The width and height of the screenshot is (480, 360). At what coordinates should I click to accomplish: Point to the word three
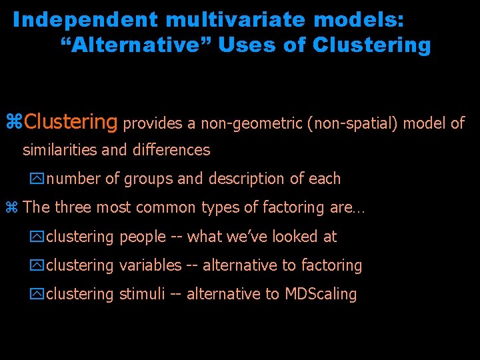(x=73, y=207)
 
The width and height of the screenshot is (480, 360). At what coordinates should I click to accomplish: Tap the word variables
(x=150, y=265)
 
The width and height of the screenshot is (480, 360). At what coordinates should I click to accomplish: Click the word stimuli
(x=142, y=294)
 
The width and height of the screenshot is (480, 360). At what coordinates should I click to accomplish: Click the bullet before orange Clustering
(x=14, y=123)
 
